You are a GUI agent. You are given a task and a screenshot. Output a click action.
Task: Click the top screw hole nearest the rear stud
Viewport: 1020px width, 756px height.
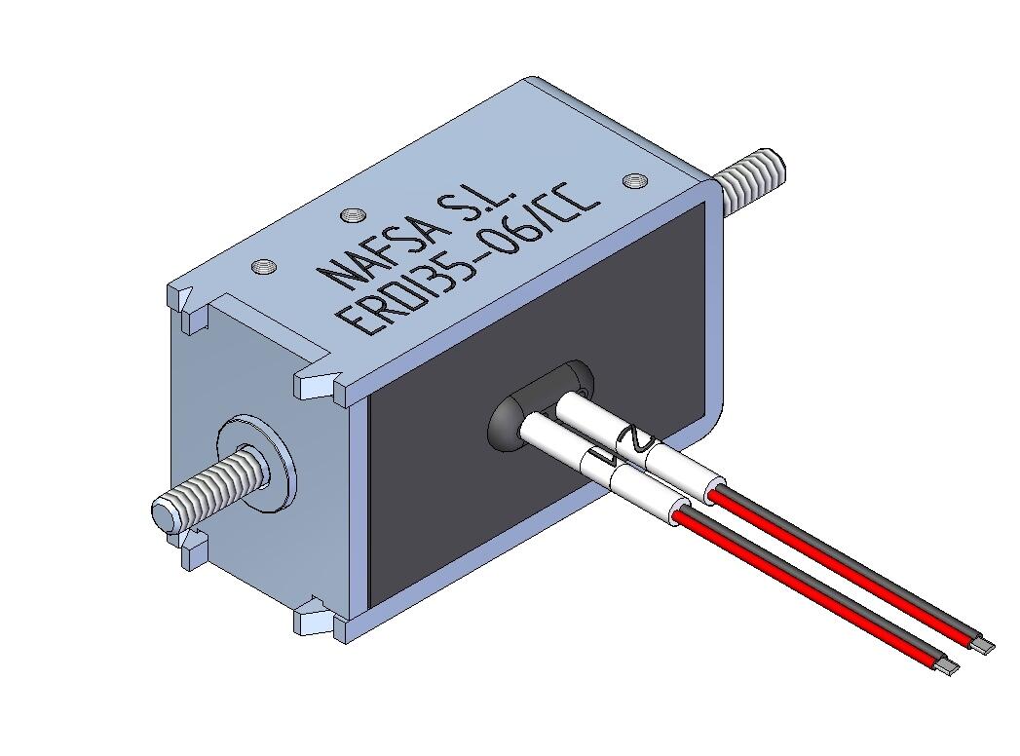[x=634, y=180]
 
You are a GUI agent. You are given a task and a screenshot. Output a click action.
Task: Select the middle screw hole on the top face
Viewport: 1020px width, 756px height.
[x=352, y=216]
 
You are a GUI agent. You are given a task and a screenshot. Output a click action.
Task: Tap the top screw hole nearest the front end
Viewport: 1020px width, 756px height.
[x=260, y=264]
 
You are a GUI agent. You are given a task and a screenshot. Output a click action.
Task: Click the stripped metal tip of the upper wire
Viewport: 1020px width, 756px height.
[x=985, y=646]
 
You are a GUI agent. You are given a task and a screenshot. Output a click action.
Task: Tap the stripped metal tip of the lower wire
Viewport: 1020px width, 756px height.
[x=948, y=667]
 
